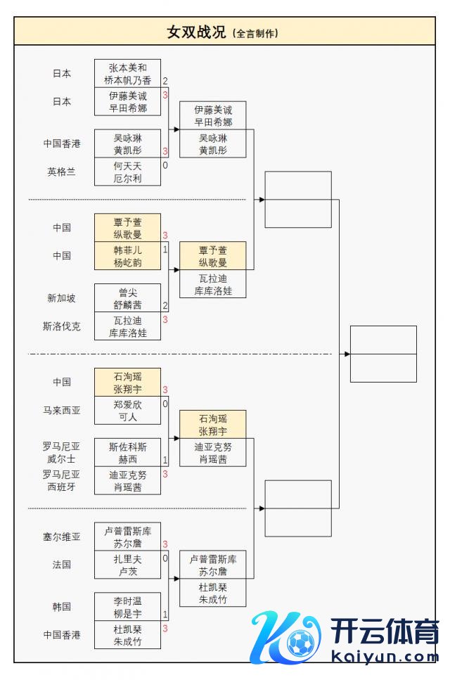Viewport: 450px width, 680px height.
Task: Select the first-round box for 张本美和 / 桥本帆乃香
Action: [127, 74]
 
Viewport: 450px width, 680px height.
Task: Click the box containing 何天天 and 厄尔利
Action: [127, 172]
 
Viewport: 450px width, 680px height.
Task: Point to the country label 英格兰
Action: [62, 172]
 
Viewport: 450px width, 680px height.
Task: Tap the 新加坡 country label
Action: [62, 298]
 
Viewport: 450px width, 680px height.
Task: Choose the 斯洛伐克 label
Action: [62, 326]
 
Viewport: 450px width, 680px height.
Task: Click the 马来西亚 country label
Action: [62, 410]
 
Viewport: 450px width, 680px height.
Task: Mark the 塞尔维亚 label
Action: [62, 537]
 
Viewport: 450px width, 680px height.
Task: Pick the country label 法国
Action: [62, 565]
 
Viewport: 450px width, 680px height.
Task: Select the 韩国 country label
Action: [62, 606]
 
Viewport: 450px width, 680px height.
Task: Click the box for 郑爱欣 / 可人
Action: [127, 410]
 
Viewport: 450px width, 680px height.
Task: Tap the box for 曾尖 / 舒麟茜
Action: [127, 298]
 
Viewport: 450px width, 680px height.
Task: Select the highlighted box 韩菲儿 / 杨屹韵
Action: [127, 256]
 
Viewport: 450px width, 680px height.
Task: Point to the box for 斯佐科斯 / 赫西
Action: [127, 452]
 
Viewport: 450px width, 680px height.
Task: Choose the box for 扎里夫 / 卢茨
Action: [127, 565]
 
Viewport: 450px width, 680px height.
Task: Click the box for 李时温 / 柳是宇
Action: [127, 606]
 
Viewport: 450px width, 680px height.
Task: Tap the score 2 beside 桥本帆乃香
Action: [165, 81]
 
